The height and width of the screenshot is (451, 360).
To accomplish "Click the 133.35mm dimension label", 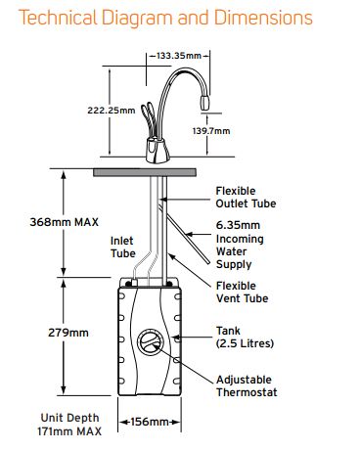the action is pos(179,56).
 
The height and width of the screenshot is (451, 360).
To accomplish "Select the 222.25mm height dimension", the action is pos(112,111).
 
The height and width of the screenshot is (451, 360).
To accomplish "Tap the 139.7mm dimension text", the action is pos(211,131).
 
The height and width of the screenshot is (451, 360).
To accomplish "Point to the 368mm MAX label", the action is pos(65,222).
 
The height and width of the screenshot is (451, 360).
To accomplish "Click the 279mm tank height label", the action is pos(68,333).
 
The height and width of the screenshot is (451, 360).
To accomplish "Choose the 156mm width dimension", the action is pos(150,422).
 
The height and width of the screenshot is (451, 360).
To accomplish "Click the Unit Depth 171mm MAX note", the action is pos(69,425).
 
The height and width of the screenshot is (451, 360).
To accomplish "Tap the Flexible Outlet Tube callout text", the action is pos(246,198).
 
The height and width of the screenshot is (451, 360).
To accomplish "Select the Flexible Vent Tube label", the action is pos(243,293).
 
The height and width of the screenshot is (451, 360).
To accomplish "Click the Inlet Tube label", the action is pos(123,248).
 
